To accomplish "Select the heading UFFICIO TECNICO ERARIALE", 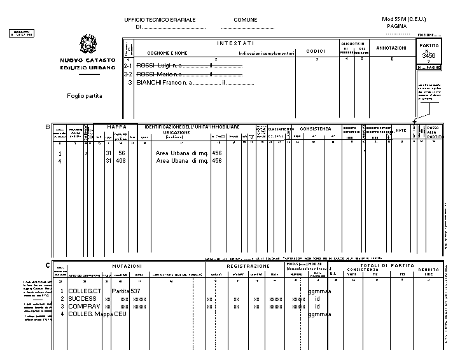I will coord(160,20).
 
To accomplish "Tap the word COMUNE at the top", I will coord(245,20).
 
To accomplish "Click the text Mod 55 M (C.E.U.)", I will coord(403,20).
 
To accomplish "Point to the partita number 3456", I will coord(429,56).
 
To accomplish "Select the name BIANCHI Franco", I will coord(155,83).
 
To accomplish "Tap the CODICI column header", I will coord(316,51).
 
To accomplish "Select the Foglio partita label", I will coord(84,96).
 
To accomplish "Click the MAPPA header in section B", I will coord(116,127).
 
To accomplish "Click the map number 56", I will coord(122,153).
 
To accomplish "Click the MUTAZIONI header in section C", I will coord(127,265).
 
